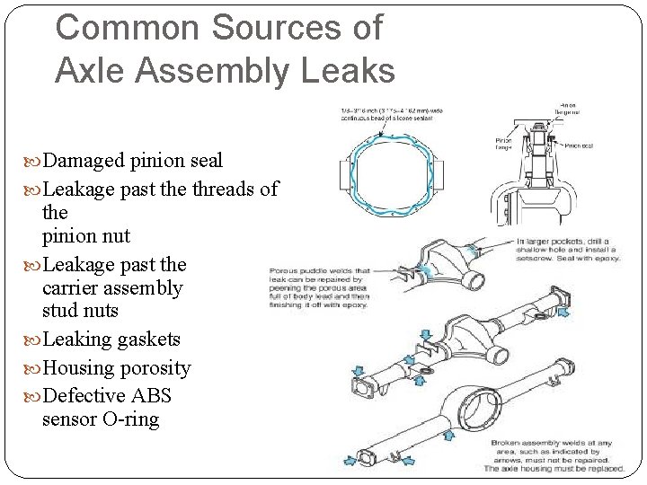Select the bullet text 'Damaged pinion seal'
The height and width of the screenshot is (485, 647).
pos(133,161)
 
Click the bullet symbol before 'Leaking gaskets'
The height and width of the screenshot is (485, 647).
pos(32,339)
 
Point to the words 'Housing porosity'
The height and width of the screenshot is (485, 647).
pos(116,367)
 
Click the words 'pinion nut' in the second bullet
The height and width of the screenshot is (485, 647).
pos(85,236)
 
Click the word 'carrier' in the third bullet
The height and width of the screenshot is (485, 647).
pos(81,288)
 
